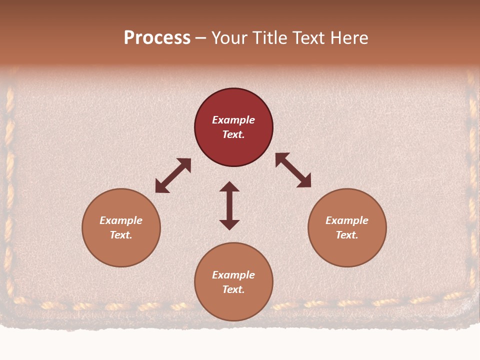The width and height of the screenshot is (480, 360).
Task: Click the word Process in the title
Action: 157,38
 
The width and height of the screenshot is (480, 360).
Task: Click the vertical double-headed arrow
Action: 229,206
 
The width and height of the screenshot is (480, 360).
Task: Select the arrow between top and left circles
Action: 173,175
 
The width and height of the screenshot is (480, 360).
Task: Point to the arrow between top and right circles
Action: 293,170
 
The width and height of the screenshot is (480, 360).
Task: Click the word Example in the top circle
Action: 233,120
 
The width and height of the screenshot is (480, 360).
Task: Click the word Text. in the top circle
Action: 233,134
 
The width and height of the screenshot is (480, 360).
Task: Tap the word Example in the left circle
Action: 121,220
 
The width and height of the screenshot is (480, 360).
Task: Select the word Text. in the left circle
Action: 121,235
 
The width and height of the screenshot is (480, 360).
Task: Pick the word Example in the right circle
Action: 347,220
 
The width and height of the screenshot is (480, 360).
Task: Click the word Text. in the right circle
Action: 347,235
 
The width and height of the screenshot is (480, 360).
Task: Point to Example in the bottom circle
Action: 233,275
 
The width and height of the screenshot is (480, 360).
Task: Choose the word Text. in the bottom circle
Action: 233,289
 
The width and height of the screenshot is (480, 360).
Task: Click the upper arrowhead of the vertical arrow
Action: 229,187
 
